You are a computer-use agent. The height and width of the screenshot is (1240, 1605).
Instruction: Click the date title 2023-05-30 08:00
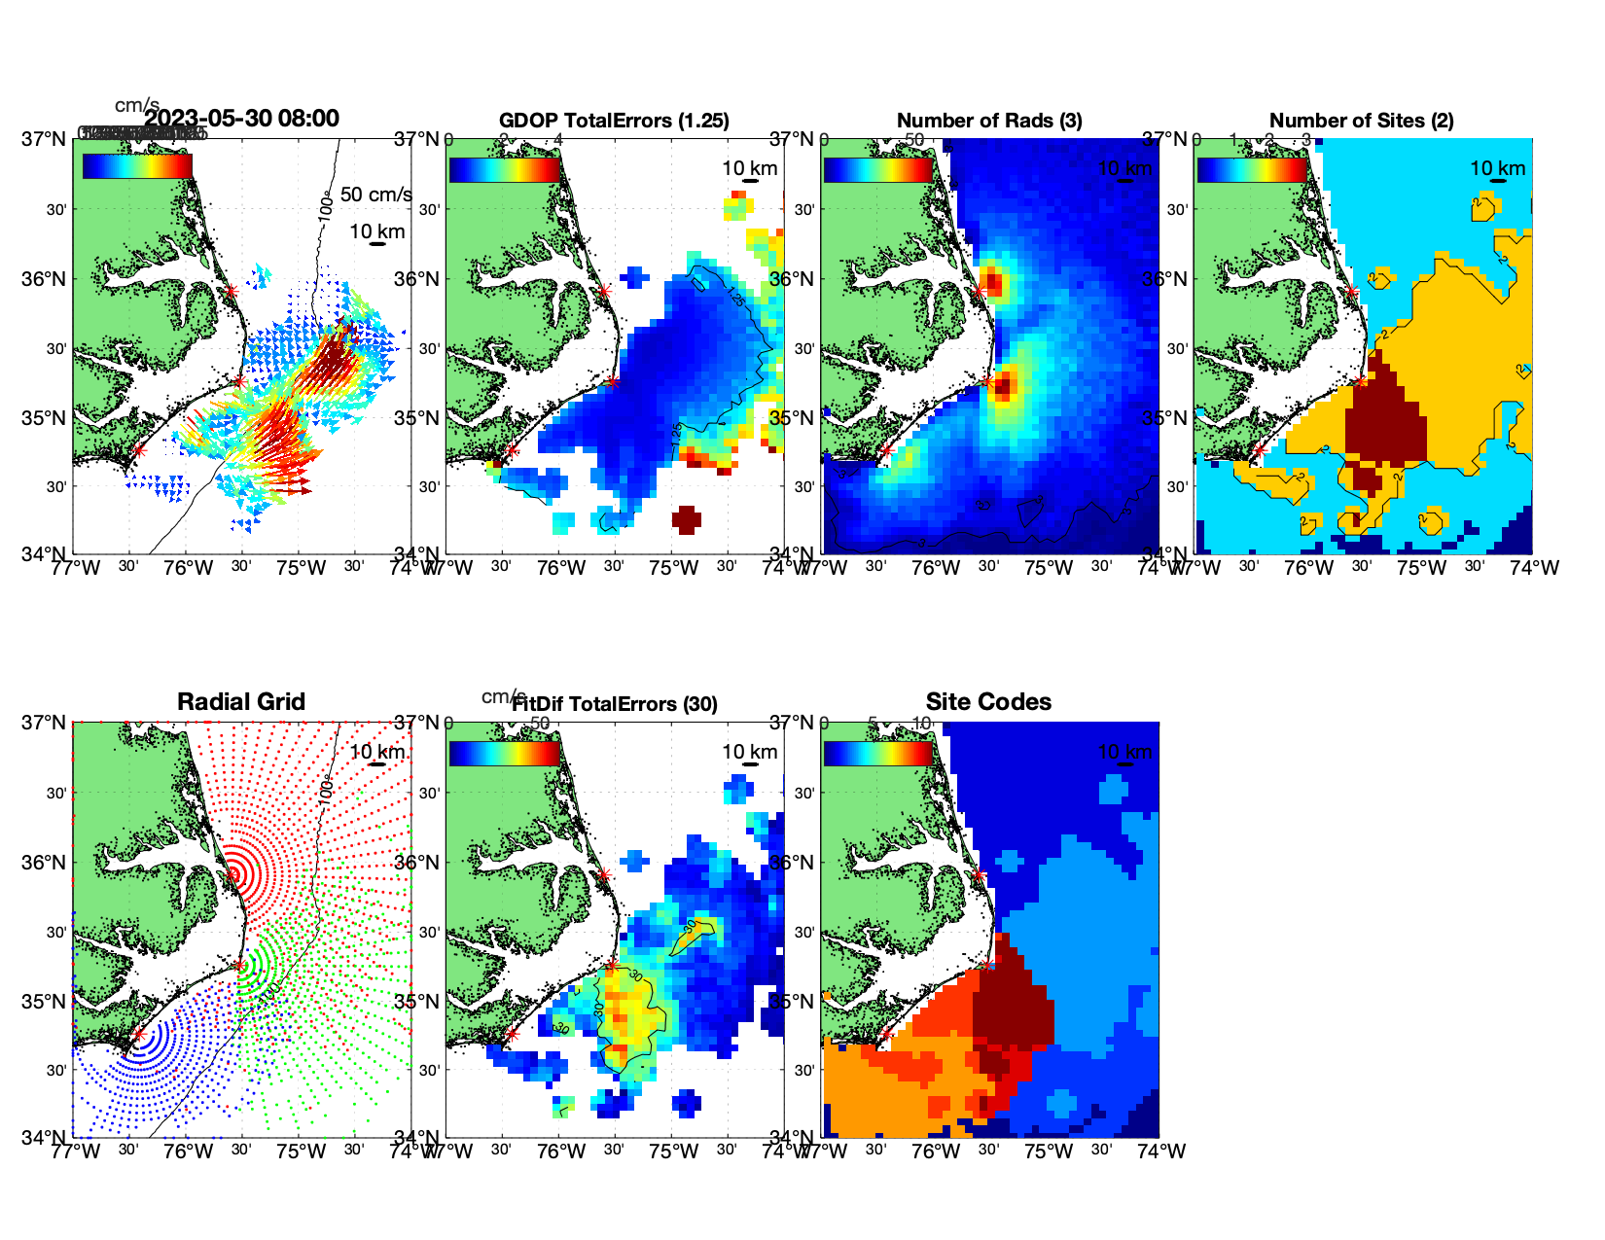242,119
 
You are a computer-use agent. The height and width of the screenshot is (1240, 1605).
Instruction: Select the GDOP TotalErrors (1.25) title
614,121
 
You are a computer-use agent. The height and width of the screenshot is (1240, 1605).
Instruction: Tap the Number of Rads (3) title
989,121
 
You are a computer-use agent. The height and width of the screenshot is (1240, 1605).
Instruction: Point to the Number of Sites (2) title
1361,121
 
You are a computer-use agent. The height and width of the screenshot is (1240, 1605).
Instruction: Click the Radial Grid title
241,702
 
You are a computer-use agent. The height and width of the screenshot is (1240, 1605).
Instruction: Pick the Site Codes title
988,702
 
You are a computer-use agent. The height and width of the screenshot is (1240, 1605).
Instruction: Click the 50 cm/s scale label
375,195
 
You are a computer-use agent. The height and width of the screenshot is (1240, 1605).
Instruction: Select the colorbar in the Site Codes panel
878,754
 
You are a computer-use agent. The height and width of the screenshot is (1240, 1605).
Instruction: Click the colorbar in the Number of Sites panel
1252,169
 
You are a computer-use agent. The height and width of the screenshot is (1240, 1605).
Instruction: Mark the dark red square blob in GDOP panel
686,519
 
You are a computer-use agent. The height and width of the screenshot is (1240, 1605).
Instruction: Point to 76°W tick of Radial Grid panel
188,1151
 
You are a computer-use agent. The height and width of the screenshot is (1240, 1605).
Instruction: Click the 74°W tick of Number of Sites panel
1534,568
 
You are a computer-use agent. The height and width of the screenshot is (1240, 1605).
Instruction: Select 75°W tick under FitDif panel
673,1151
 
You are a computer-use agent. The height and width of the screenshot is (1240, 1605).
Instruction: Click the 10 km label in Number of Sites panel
1497,168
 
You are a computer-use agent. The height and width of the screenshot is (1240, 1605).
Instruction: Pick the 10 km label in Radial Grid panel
376,752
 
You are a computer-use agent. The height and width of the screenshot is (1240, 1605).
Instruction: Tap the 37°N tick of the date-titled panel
45,139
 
